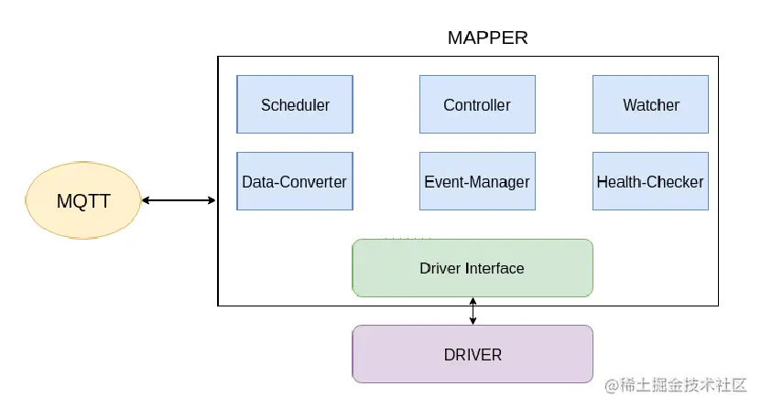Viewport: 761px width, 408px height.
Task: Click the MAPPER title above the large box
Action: pos(487,38)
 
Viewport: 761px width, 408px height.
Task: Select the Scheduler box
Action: pos(295,104)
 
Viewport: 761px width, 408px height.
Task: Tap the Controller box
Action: pos(477,104)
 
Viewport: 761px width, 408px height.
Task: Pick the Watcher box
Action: pos(651,104)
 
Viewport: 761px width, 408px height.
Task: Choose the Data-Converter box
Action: pos(295,181)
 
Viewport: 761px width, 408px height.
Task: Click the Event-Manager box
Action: pos(477,181)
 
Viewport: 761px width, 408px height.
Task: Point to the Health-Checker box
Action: pos(650,181)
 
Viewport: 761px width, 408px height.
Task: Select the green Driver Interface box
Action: pos(473,268)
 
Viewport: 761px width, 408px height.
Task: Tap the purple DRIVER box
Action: pos(473,354)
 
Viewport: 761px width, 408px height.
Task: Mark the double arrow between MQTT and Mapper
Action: pos(179,200)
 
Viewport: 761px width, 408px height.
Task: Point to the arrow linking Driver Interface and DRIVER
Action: pos(473,311)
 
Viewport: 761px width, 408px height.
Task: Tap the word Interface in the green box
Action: pos(495,268)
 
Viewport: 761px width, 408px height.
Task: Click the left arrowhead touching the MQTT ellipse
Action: pos(146,200)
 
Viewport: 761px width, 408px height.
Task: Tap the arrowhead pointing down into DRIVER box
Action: pos(473,321)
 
